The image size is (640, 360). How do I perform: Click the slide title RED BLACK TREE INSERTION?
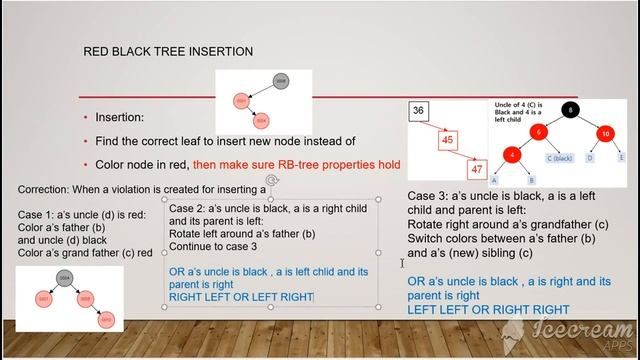point(167,51)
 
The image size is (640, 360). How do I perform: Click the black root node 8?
point(569,110)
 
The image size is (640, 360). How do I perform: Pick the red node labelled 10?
point(606,133)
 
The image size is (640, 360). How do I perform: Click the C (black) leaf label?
point(558,158)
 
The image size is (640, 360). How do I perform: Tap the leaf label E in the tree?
point(621,157)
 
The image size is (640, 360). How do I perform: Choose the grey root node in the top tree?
point(281,81)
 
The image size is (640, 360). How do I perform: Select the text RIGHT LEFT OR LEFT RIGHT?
point(240,297)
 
